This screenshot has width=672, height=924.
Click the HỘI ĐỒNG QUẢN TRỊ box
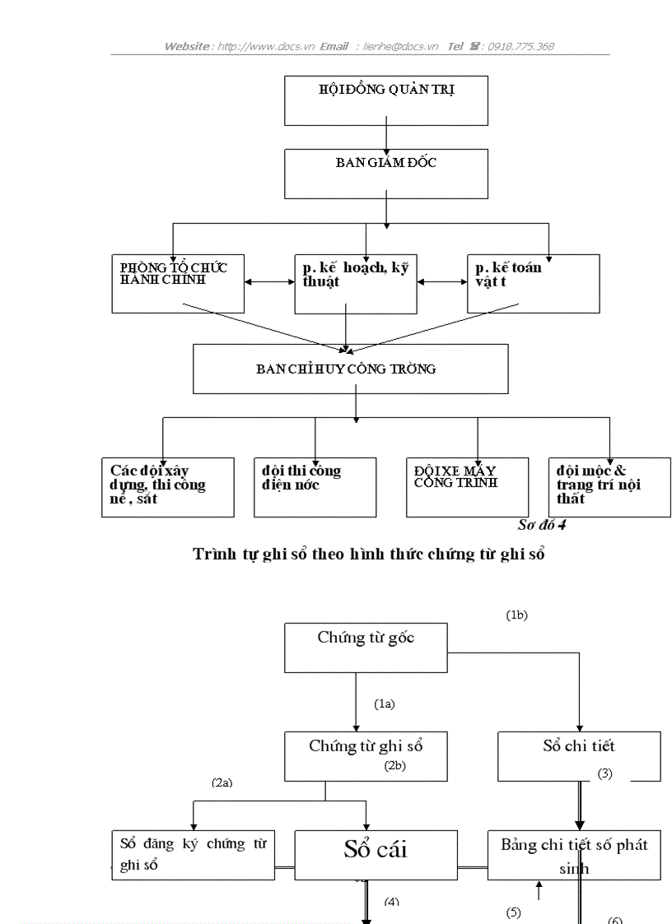(x=385, y=100)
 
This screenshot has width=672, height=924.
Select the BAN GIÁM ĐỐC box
(x=385, y=173)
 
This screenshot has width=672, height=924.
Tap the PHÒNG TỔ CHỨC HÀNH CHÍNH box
(x=178, y=283)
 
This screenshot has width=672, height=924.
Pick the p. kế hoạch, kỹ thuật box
(x=356, y=283)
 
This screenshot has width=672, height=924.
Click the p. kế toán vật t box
(x=533, y=283)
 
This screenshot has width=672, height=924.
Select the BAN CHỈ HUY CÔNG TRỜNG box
(x=350, y=369)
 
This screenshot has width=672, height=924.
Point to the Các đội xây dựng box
(x=168, y=487)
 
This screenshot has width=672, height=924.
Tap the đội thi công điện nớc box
(x=315, y=487)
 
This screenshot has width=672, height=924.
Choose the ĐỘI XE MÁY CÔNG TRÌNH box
(x=467, y=487)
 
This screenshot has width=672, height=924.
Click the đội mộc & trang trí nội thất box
(x=609, y=487)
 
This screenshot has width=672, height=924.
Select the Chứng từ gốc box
(x=366, y=647)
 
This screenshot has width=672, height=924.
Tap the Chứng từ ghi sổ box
(x=366, y=755)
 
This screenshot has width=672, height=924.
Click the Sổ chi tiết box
(x=579, y=755)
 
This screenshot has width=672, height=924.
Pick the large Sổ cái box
(x=376, y=854)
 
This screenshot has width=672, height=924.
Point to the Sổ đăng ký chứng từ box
(x=194, y=854)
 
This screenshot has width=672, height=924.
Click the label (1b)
(x=516, y=615)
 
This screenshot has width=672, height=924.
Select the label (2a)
(x=222, y=782)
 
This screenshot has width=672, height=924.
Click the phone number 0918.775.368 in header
(x=520, y=46)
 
